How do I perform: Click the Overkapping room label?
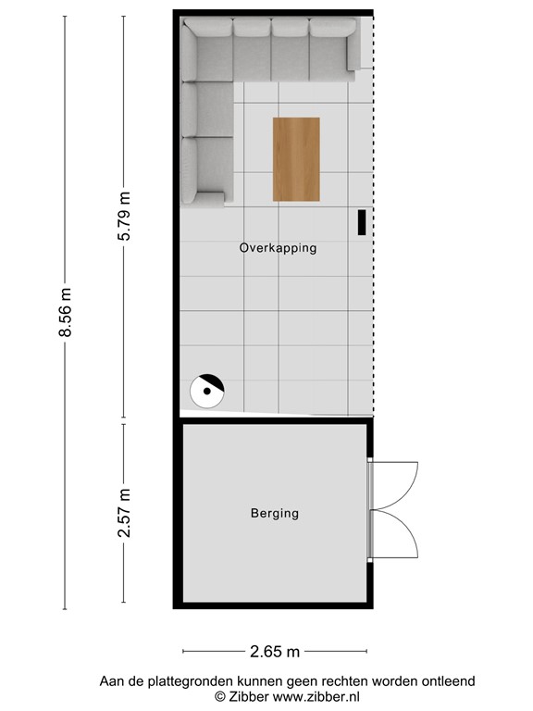278,248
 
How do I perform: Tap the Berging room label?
275,513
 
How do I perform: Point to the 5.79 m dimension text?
124,216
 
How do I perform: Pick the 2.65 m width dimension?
275,653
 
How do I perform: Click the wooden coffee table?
296,158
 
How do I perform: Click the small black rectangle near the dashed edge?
362,222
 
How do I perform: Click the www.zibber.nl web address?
316,695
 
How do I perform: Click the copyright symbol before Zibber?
220,695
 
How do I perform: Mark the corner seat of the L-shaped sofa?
207,52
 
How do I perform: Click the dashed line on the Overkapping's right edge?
374,231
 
